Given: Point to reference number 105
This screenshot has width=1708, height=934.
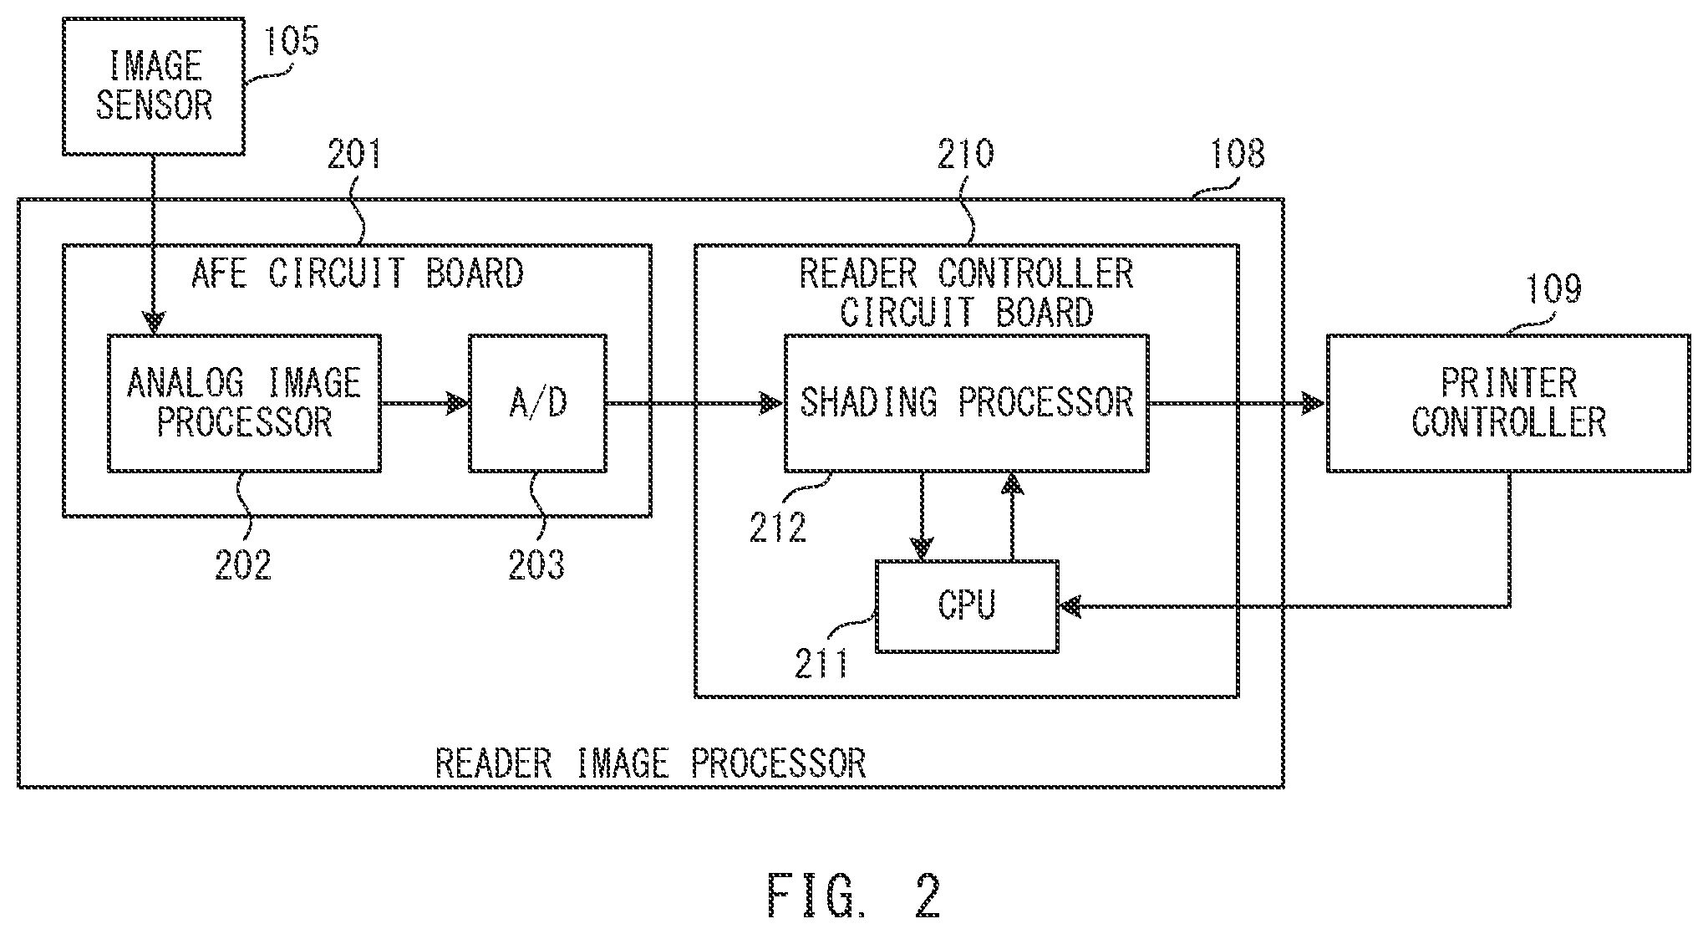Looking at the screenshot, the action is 292,39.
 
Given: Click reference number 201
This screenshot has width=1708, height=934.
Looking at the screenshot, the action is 354,154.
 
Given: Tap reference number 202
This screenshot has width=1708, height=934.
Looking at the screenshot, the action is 243,565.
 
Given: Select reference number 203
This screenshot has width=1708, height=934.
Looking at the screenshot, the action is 536,565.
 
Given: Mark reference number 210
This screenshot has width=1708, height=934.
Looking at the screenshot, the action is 966,154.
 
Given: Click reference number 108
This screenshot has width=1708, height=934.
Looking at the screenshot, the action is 1238,154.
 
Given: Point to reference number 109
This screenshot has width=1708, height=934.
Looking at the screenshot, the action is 1554,288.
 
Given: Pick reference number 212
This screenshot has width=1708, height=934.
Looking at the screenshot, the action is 778,526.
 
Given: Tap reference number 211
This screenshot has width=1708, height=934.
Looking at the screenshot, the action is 821,662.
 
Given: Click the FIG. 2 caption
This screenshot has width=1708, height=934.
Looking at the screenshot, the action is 854,896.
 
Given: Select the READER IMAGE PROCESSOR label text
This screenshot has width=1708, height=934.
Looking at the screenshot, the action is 651,763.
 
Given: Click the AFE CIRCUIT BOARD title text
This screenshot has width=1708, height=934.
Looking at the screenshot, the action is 358,273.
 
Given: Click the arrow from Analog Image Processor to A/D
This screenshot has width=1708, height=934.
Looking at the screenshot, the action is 425,404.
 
